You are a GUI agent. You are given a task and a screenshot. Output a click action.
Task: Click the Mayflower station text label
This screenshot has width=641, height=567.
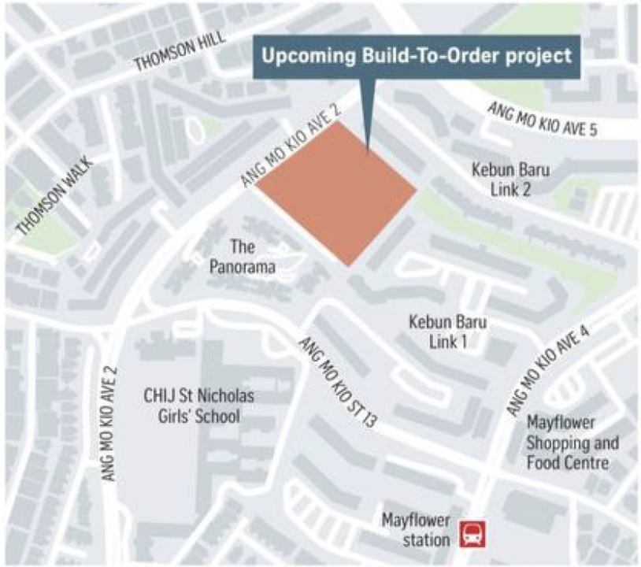tap(415, 529)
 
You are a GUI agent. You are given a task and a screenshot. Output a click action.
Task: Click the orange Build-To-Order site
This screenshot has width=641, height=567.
tap(338, 193)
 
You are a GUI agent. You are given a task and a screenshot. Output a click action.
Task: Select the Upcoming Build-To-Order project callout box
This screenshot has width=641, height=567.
tap(417, 57)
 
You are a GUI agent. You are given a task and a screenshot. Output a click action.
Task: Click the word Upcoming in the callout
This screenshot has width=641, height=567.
tap(302, 57)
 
